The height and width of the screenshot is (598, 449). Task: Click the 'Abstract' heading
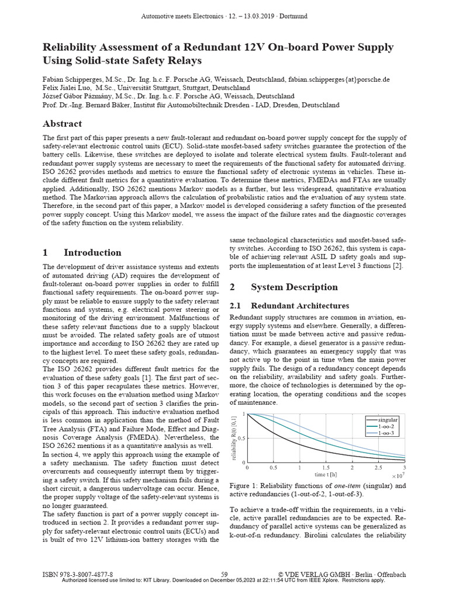click(63, 124)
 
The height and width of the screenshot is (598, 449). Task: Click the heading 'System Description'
click(294, 287)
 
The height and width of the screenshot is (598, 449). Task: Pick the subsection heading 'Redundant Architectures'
click(300, 306)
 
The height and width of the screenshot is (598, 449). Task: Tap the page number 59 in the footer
click(224, 574)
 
